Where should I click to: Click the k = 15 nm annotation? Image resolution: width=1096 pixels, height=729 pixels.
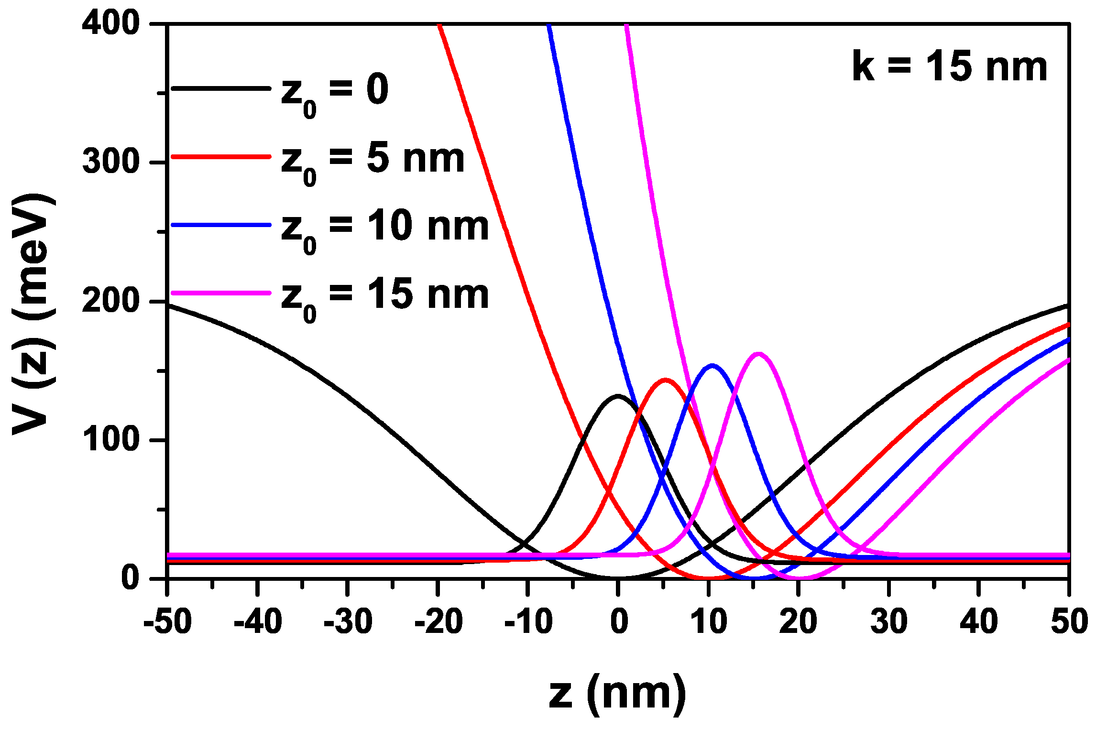(x=950, y=67)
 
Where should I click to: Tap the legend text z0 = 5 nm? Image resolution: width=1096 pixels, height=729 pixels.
(x=373, y=161)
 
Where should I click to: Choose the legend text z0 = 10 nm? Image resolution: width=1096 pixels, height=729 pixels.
(x=385, y=229)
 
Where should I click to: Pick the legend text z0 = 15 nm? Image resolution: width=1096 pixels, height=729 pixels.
(x=385, y=297)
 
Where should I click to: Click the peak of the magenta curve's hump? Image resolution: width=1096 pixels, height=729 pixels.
(x=759, y=354)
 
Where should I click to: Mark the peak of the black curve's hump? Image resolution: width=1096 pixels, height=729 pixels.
(x=618, y=396)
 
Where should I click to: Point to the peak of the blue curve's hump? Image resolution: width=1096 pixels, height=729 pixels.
(x=712, y=366)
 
